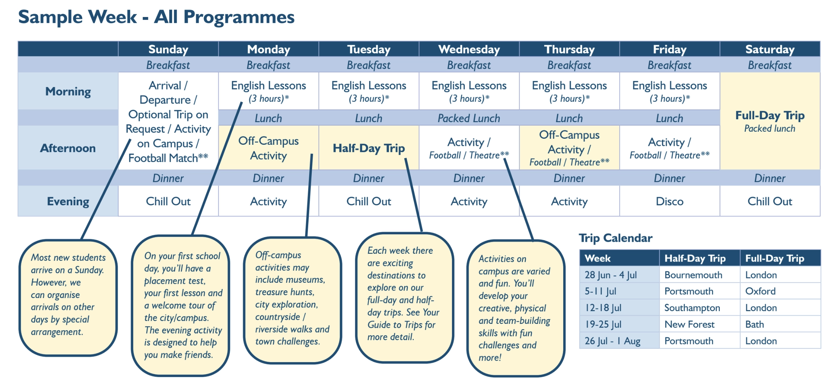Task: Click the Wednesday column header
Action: pyautogui.click(x=469, y=49)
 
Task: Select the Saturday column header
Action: pyautogui.click(x=770, y=49)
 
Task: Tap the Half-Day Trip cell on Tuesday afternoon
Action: pyautogui.click(x=369, y=148)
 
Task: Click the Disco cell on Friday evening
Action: pyautogui.click(x=670, y=201)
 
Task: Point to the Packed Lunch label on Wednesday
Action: pyautogui.click(x=469, y=118)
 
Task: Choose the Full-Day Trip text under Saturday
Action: pyautogui.click(x=770, y=115)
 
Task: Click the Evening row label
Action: pyautogui.click(x=68, y=201)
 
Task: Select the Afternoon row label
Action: pyautogui.click(x=68, y=148)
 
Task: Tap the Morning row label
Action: pyautogui.click(x=68, y=91)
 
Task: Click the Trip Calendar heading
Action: pyautogui.click(x=616, y=238)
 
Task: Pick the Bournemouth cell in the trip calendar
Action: pyautogui.click(x=693, y=275)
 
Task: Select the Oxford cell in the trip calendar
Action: pyautogui.click(x=761, y=291)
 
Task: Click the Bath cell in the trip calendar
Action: pyautogui.click(x=755, y=324)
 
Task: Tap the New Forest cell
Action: pyautogui.click(x=689, y=324)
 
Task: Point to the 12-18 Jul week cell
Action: pyautogui.click(x=603, y=308)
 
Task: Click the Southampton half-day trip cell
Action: pyautogui.click(x=692, y=308)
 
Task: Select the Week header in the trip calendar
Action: pyautogui.click(x=598, y=258)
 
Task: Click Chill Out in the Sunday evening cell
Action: pyautogui.click(x=168, y=201)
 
